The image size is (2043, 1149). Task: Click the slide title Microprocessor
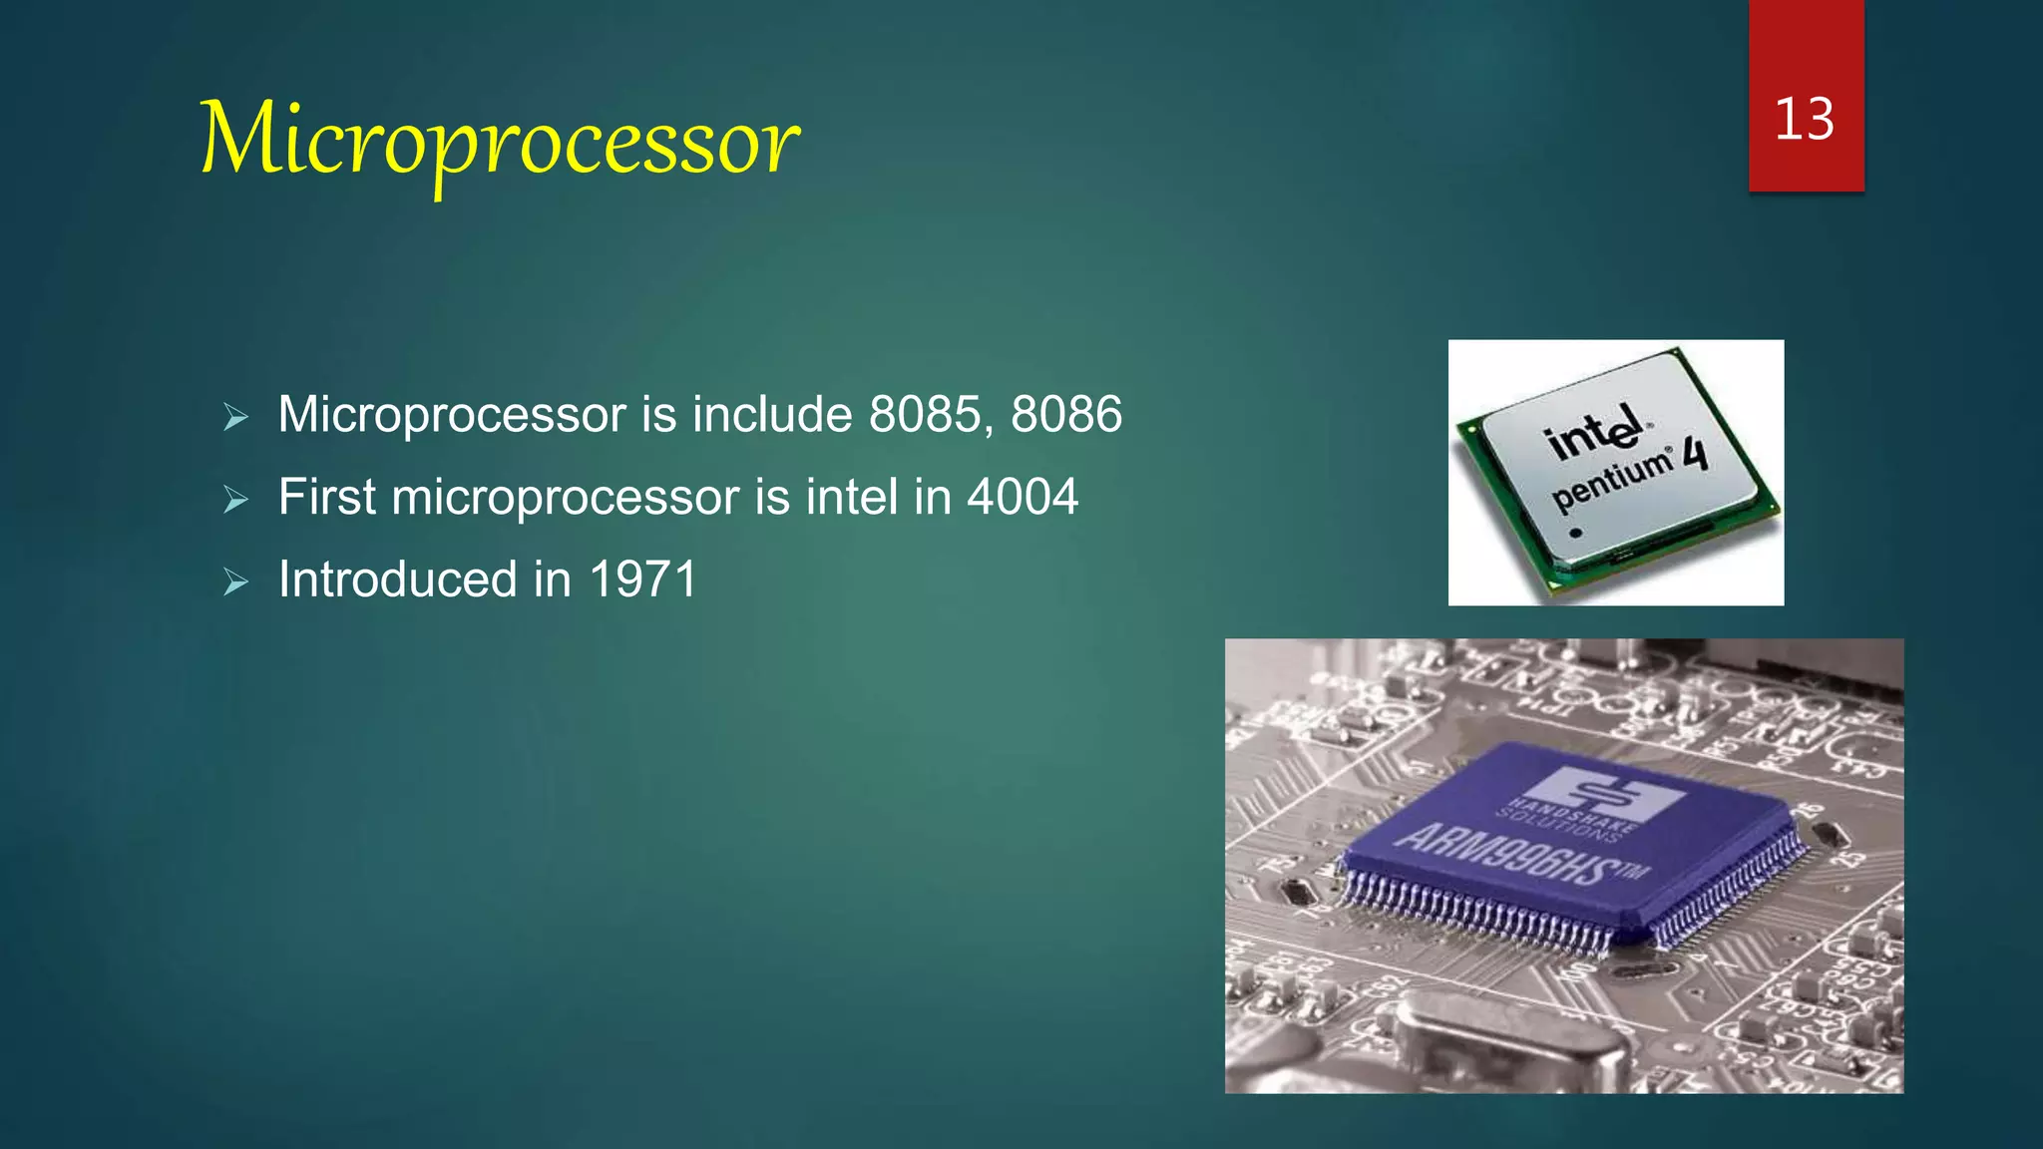[499, 140]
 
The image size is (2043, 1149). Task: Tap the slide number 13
[1805, 120]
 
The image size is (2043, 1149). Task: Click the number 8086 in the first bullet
[1066, 415]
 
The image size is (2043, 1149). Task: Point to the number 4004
[1022, 497]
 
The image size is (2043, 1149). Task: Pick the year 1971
[642, 579]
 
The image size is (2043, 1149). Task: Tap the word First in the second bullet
[327, 497]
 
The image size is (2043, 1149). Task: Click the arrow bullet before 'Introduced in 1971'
[236, 581]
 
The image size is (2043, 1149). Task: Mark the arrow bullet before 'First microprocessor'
[236, 499]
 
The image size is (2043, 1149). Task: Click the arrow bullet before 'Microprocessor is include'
[236, 417]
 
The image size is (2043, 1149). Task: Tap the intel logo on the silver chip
[1594, 432]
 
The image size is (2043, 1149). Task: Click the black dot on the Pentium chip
[1576, 533]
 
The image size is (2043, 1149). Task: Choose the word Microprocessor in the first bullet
[452, 415]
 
